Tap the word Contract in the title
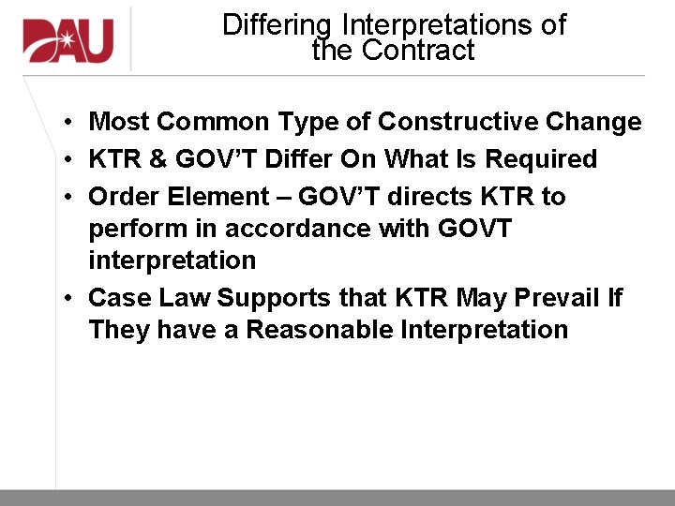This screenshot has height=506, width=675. click(x=419, y=50)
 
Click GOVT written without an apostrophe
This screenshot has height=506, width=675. click(x=474, y=229)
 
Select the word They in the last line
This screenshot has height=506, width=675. click(x=119, y=330)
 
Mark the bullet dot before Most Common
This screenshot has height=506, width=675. click(x=70, y=123)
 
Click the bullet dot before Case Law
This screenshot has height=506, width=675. click(x=70, y=299)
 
